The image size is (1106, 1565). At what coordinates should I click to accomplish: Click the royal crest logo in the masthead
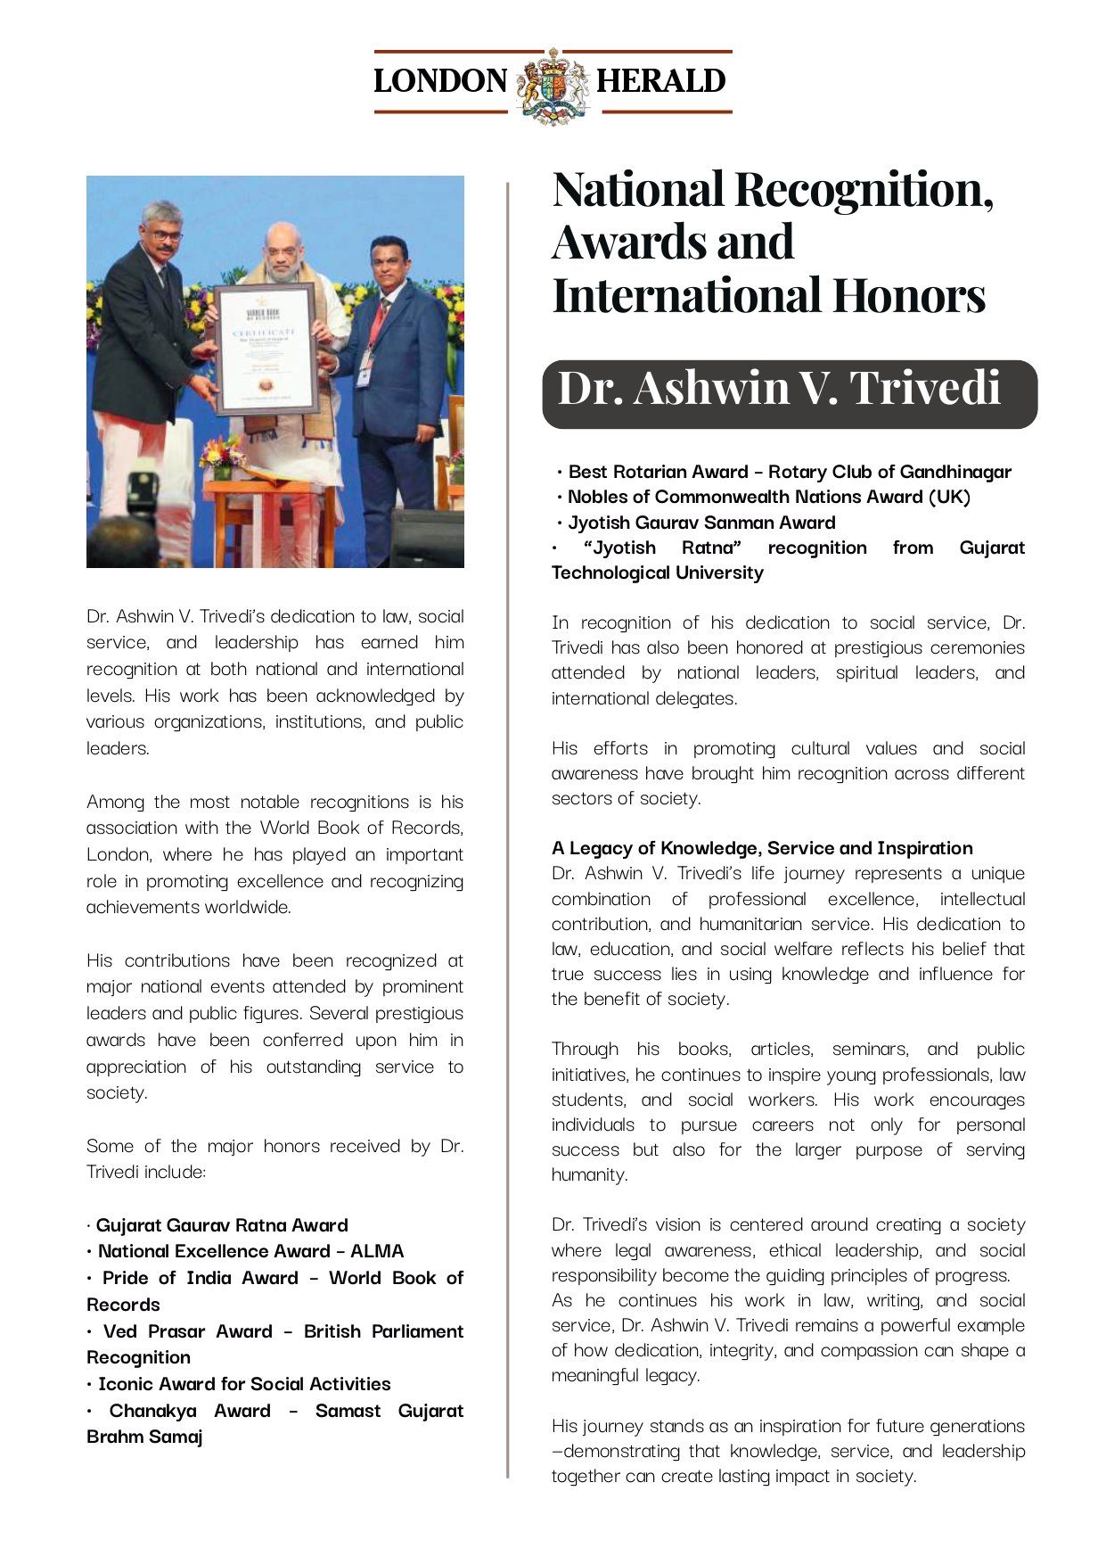tap(553, 85)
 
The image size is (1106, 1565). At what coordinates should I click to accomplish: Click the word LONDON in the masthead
tap(440, 81)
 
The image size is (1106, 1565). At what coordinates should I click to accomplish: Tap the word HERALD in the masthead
tap(660, 81)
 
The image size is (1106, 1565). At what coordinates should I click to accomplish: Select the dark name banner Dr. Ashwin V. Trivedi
tap(789, 393)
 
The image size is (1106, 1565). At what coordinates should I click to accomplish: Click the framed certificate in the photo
tap(266, 349)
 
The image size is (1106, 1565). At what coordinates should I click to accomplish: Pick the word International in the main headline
tap(687, 296)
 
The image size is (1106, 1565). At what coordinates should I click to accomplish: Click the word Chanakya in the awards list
tap(152, 1411)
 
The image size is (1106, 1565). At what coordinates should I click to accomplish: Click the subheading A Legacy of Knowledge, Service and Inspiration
tap(762, 848)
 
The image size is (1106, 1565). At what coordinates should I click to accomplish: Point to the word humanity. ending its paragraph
tap(589, 1175)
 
